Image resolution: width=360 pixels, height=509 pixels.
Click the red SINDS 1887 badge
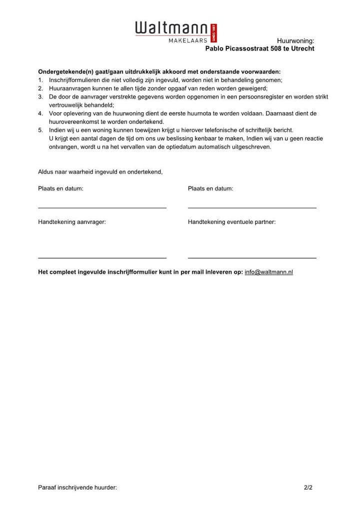click(214, 33)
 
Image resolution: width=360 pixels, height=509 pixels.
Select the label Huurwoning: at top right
click(295, 40)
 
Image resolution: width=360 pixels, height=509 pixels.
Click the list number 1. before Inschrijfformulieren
click(40, 80)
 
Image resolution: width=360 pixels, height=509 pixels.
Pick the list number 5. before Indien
click(40, 130)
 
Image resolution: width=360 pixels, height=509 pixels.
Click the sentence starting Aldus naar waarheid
click(100, 171)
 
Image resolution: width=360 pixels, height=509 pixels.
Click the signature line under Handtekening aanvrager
click(102, 257)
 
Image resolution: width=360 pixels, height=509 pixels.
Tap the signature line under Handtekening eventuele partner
click(252, 257)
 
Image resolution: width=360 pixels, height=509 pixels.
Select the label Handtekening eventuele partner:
click(231, 222)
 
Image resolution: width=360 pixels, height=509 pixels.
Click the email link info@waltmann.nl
click(268, 272)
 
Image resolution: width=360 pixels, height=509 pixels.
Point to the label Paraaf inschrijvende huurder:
click(77, 487)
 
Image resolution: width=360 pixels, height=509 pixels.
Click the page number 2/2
click(308, 487)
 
